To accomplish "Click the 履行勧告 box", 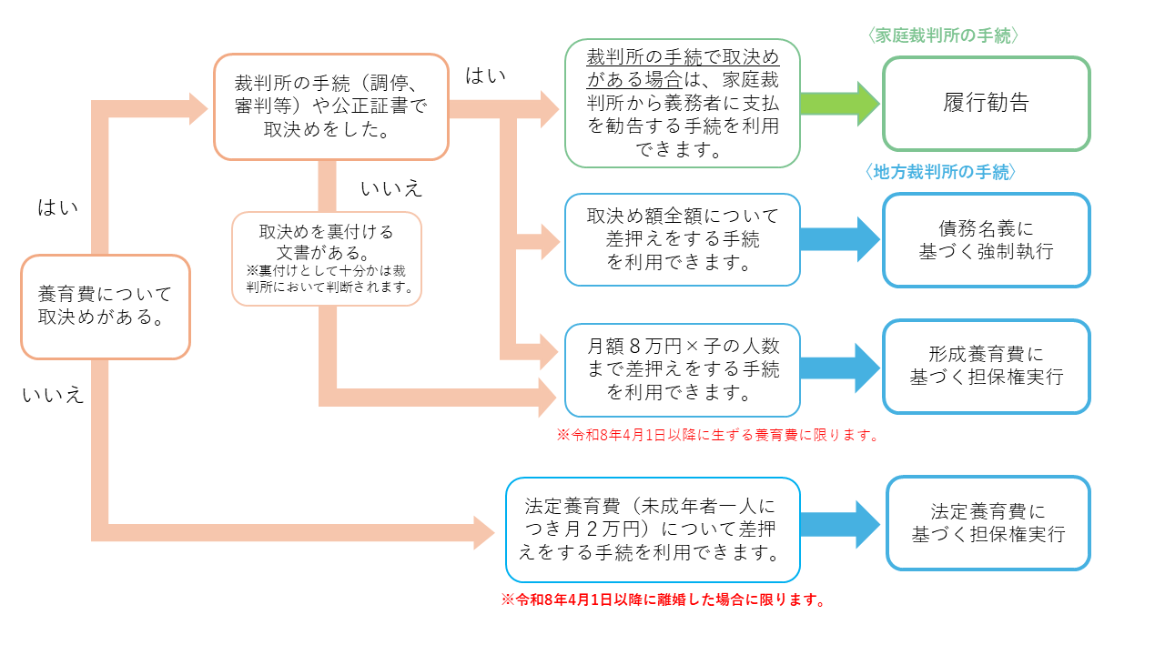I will pyautogui.click(x=986, y=103).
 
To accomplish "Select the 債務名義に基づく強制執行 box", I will pyautogui.click(x=986, y=240).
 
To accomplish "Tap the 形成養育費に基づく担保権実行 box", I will pyautogui.click(x=986, y=366).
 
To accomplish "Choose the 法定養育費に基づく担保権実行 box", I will pyautogui.click(x=988, y=523).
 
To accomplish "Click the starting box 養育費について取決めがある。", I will pyautogui.click(x=105, y=307).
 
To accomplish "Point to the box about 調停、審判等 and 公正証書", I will pyautogui.click(x=330, y=106).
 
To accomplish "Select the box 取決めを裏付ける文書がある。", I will pyautogui.click(x=326, y=258).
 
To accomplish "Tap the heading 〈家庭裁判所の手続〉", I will pyautogui.click(x=942, y=35).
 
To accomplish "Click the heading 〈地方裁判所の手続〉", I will pyautogui.click(x=942, y=171).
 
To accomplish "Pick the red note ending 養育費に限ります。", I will pyautogui.click(x=718, y=435).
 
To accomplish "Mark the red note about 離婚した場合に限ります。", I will pyautogui.click(x=664, y=600).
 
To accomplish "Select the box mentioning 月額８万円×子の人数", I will pyautogui.click(x=683, y=369).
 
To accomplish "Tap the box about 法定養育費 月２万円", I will pyautogui.click(x=652, y=529).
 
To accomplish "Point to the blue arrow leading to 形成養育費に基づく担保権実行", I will pyautogui.click(x=839, y=367).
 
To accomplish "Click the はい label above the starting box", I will pyautogui.click(x=57, y=207).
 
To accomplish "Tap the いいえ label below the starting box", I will pyautogui.click(x=53, y=395).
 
